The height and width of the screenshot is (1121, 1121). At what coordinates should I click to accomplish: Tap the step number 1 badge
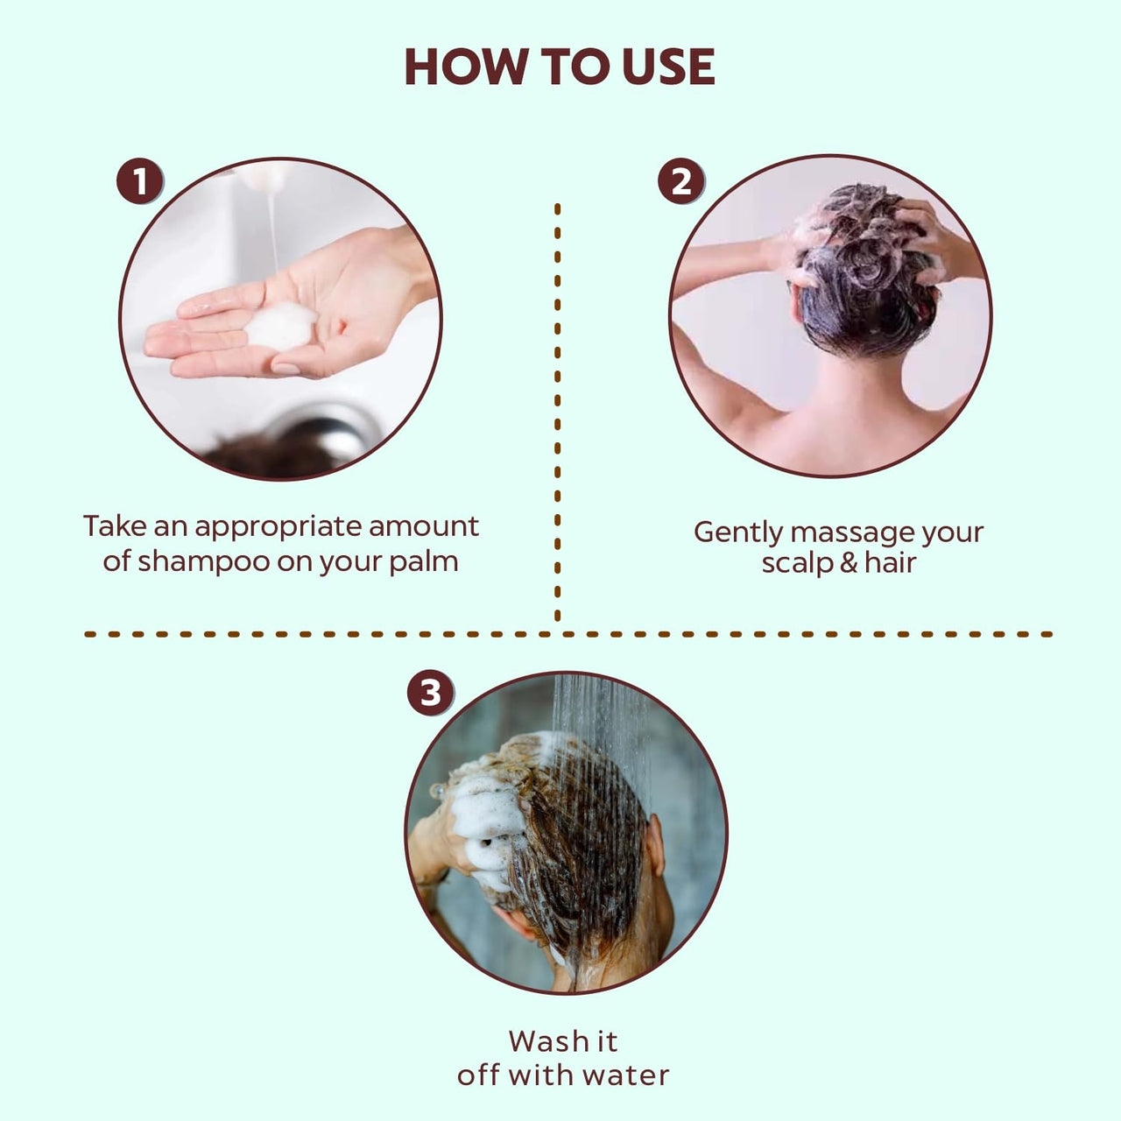point(140,182)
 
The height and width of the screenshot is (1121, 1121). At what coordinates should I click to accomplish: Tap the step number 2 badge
point(680,182)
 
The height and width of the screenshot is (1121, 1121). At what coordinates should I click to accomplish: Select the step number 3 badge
point(430,694)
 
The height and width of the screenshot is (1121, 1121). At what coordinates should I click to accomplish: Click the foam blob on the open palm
point(279,327)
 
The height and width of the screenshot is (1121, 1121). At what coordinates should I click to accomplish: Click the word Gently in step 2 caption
point(737,533)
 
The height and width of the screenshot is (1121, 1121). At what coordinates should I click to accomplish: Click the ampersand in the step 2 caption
point(848,562)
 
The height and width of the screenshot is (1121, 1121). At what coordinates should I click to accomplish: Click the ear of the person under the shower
point(654,845)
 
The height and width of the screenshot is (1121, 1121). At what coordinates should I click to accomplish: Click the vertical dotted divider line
point(558,412)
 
